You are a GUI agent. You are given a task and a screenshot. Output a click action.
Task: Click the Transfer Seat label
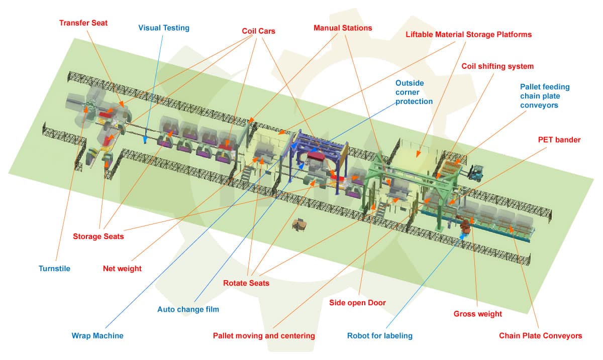pos(83,23)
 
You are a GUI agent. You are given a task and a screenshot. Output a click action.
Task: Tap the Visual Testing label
pos(164,28)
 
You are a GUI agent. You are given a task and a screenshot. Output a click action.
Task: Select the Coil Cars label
pos(258,31)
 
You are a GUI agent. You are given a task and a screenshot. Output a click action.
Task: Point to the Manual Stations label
pos(343,28)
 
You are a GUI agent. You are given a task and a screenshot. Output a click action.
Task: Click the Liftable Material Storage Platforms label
pos(469,35)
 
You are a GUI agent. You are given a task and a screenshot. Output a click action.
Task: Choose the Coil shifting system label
pos(497,66)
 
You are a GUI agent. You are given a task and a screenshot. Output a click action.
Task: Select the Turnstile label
pos(54,268)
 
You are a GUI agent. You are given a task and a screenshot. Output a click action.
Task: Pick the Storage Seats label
pos(98,236)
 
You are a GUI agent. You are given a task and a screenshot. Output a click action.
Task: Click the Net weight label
pos(122,268)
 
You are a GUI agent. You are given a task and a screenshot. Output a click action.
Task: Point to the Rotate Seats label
pos(246,283)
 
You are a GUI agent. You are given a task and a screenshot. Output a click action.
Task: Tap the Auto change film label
pos(188,309)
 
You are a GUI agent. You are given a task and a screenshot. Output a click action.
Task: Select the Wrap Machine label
pos(97,335)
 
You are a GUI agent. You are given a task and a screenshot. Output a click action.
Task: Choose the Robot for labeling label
pos(379,335)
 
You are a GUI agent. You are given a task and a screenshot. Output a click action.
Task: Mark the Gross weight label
pos(477,314)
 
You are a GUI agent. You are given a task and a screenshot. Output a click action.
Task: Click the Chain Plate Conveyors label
pos(540,335)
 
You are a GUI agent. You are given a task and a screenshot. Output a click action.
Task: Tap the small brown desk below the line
pos(299,225)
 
